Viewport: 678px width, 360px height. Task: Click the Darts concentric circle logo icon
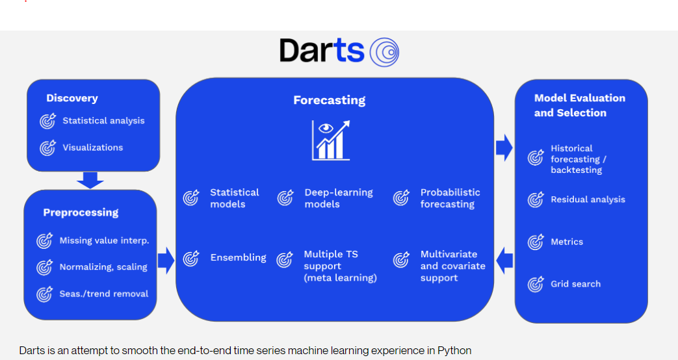pyautogui.click(x=384, y=51)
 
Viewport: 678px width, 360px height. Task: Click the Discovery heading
pyautogui.click(x=72, y=98)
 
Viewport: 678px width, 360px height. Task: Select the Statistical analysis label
pyautogui.click(x=103, y=121)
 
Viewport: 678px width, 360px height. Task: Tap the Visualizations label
pyautogui.click(x=92, y=148)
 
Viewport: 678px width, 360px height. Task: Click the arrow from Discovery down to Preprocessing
pyautogui.click(x=90, y=180)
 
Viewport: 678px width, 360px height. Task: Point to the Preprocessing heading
pyautogui.click(x=81, y=212)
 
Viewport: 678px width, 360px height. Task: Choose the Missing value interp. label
pyautogui.click(x=104, y=240)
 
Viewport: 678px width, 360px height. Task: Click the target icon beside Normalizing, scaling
pyautogui.click(x=44, y=267)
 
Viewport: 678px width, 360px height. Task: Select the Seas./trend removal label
pyautogui.click(x=103, y=294)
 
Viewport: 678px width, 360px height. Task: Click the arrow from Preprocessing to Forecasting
pyautogui.click(x=166, y=260)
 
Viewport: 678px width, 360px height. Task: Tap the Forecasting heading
pyautogui.click(x=329, y=100)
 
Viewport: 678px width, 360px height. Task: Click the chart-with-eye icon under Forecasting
pyautogui.click(x=331, y=140)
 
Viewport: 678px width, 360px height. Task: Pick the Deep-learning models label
pyautogui.click(x=338, y=198)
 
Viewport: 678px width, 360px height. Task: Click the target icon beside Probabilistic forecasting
pyautogui.click(x=402, y=198)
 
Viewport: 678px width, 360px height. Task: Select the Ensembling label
pyautogui.click(x=238, y=258)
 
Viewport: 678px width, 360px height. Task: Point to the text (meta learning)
pyautogui.click(x=340, y=278)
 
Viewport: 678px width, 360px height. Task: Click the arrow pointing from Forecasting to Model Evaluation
pyautogui.click(x=504, y=148)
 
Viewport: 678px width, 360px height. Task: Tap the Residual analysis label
pyautogui.click(x=588, y=199)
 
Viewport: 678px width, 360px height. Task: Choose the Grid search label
pyautogui.click(x=575, y=284)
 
